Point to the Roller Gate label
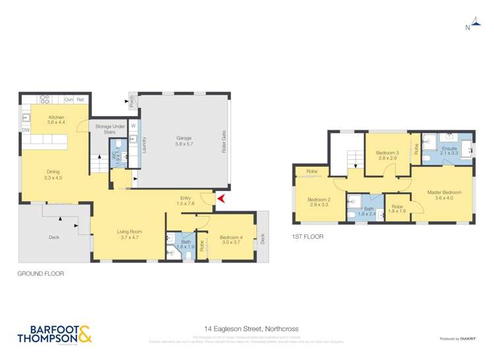225,141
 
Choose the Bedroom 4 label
231,239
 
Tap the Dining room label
52,174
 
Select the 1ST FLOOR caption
307,236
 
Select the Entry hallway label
185,200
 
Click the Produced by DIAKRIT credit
460,338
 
